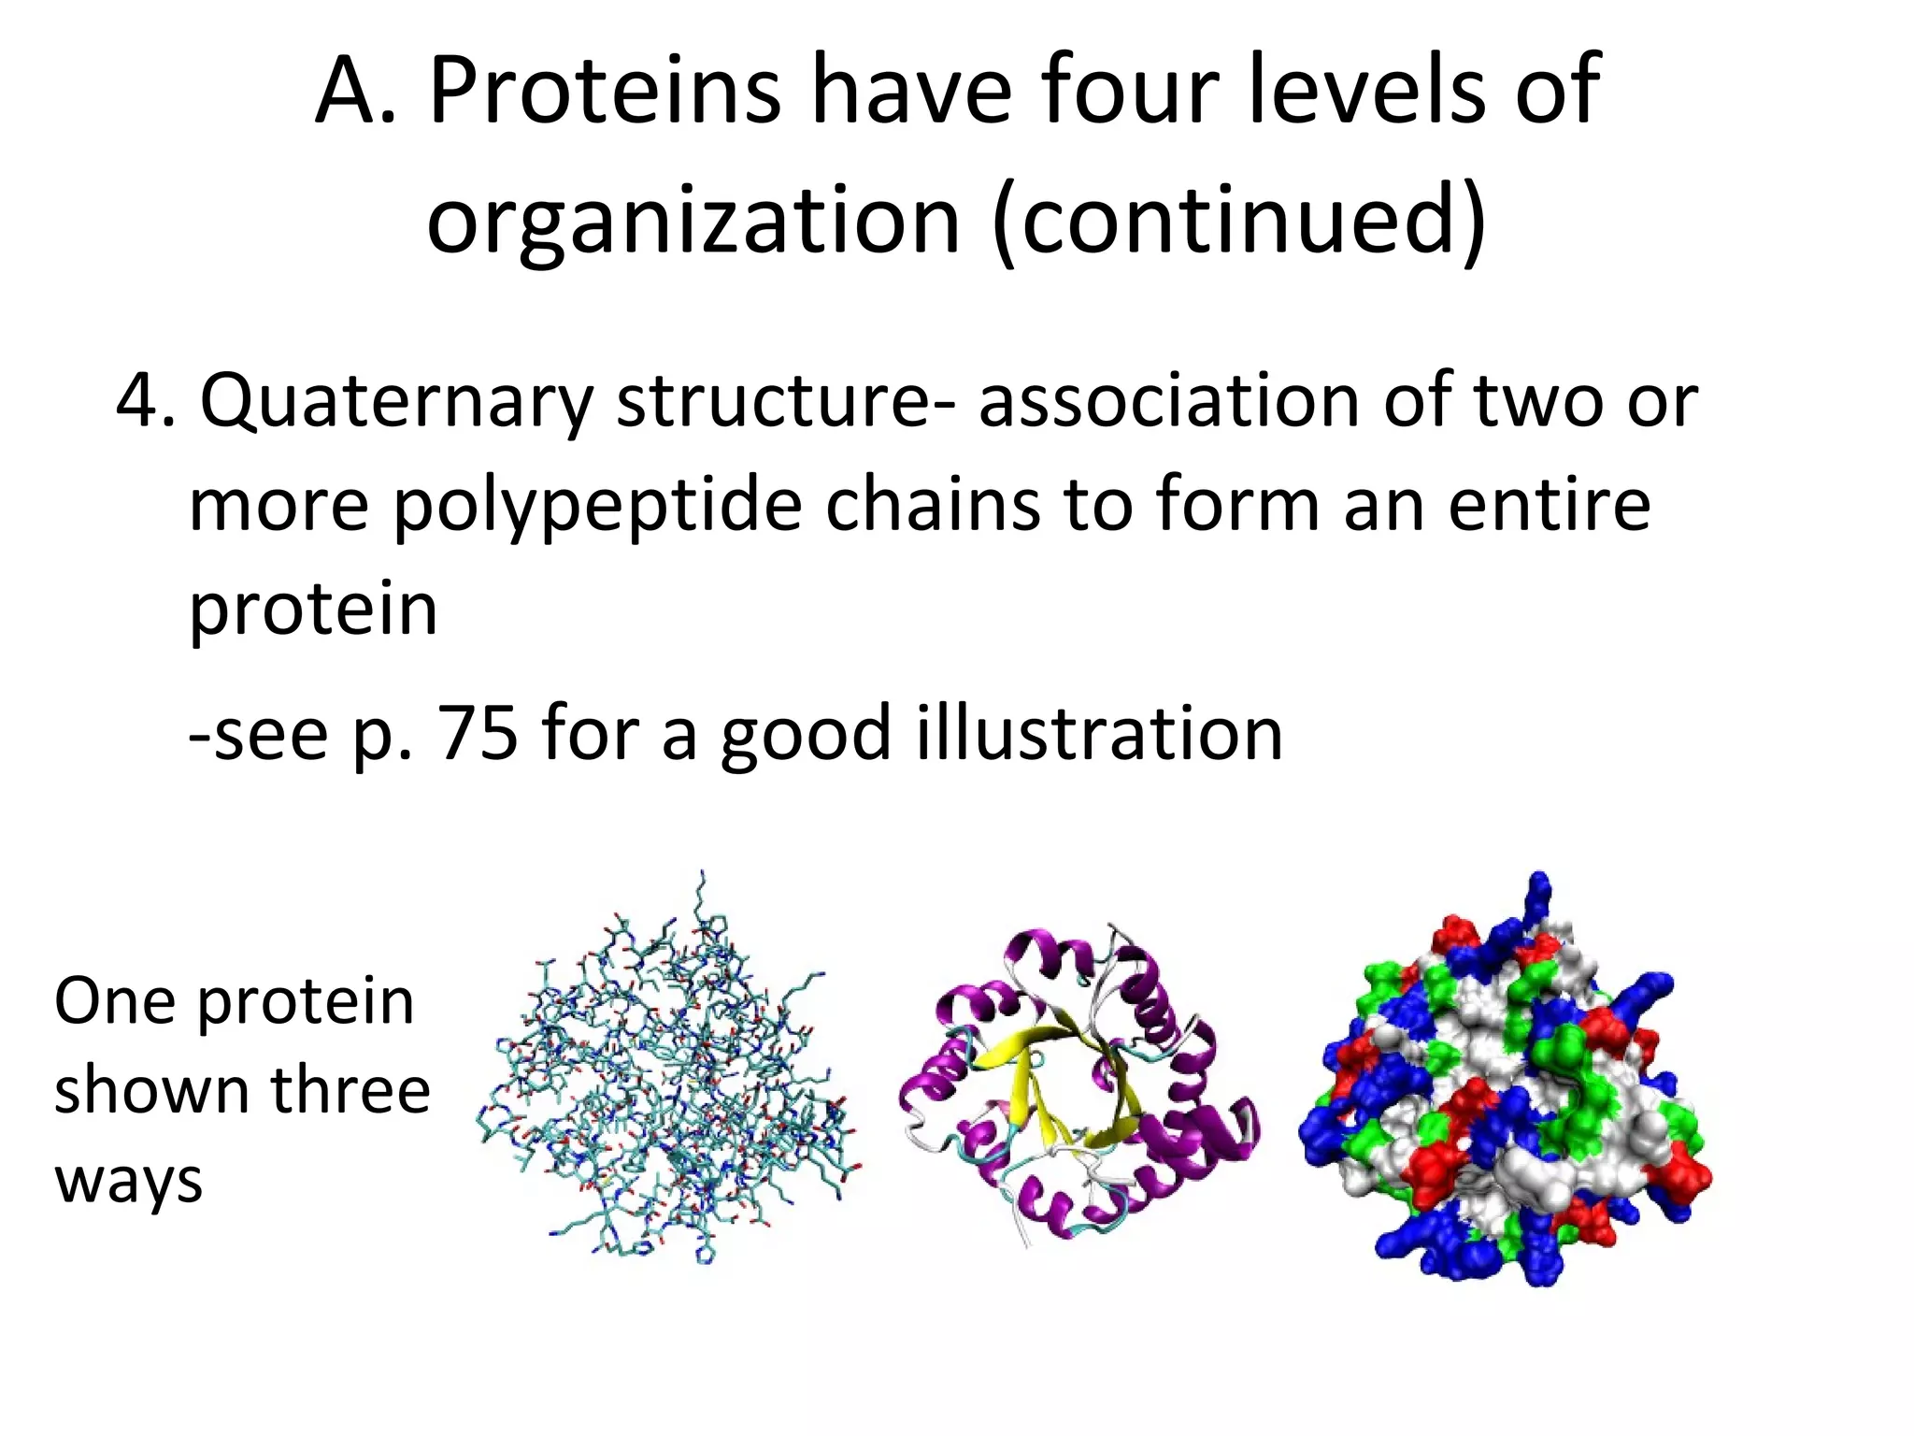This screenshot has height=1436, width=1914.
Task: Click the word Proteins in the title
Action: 604,92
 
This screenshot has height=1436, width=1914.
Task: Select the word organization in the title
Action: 693,223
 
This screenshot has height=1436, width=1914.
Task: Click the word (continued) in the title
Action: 1239,223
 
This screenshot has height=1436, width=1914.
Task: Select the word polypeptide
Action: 597,506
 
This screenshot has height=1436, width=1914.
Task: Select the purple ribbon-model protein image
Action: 1079,1084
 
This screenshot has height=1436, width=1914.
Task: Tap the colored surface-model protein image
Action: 1505,1084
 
